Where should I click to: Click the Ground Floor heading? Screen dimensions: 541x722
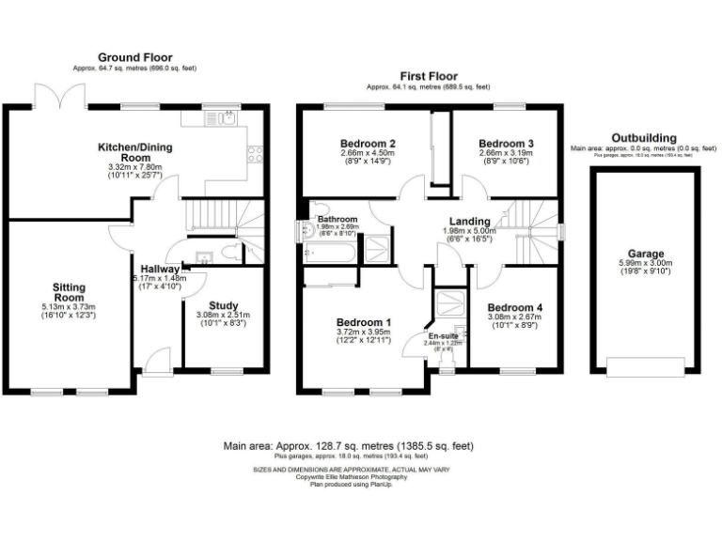(136, 58)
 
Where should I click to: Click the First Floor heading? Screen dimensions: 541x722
(428, 74)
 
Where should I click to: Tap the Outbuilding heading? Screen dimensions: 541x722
(643, 138)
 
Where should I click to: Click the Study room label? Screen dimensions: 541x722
(223, 304)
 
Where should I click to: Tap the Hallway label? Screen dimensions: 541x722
(161, 269)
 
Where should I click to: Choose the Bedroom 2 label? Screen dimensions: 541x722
(367, 143)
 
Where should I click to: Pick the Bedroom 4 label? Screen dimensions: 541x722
(514, 307)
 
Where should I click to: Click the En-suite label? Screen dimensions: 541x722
(444, 335)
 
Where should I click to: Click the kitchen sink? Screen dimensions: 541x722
(227, 118)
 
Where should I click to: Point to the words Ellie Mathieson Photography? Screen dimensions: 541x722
(361, 476)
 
